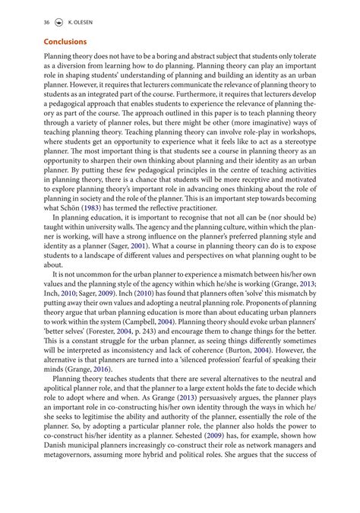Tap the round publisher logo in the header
tap(61, 22)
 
